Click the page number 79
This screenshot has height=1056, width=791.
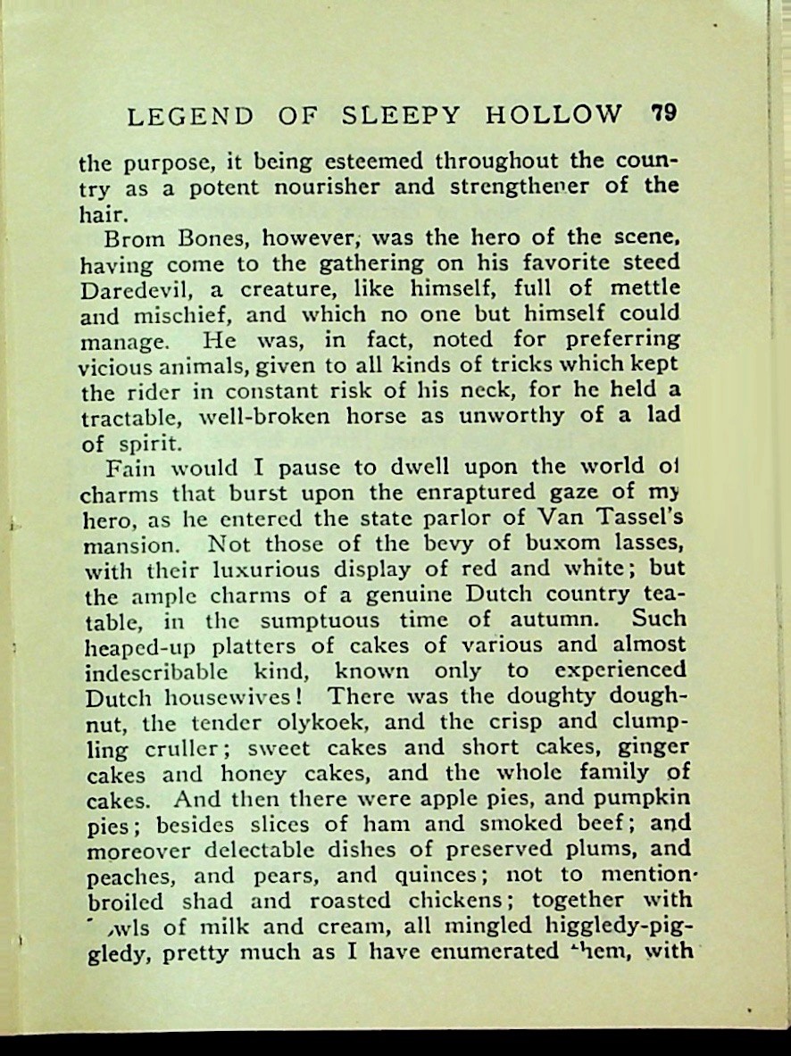pos(664,113)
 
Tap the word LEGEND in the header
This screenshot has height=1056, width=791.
pos(190,116)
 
